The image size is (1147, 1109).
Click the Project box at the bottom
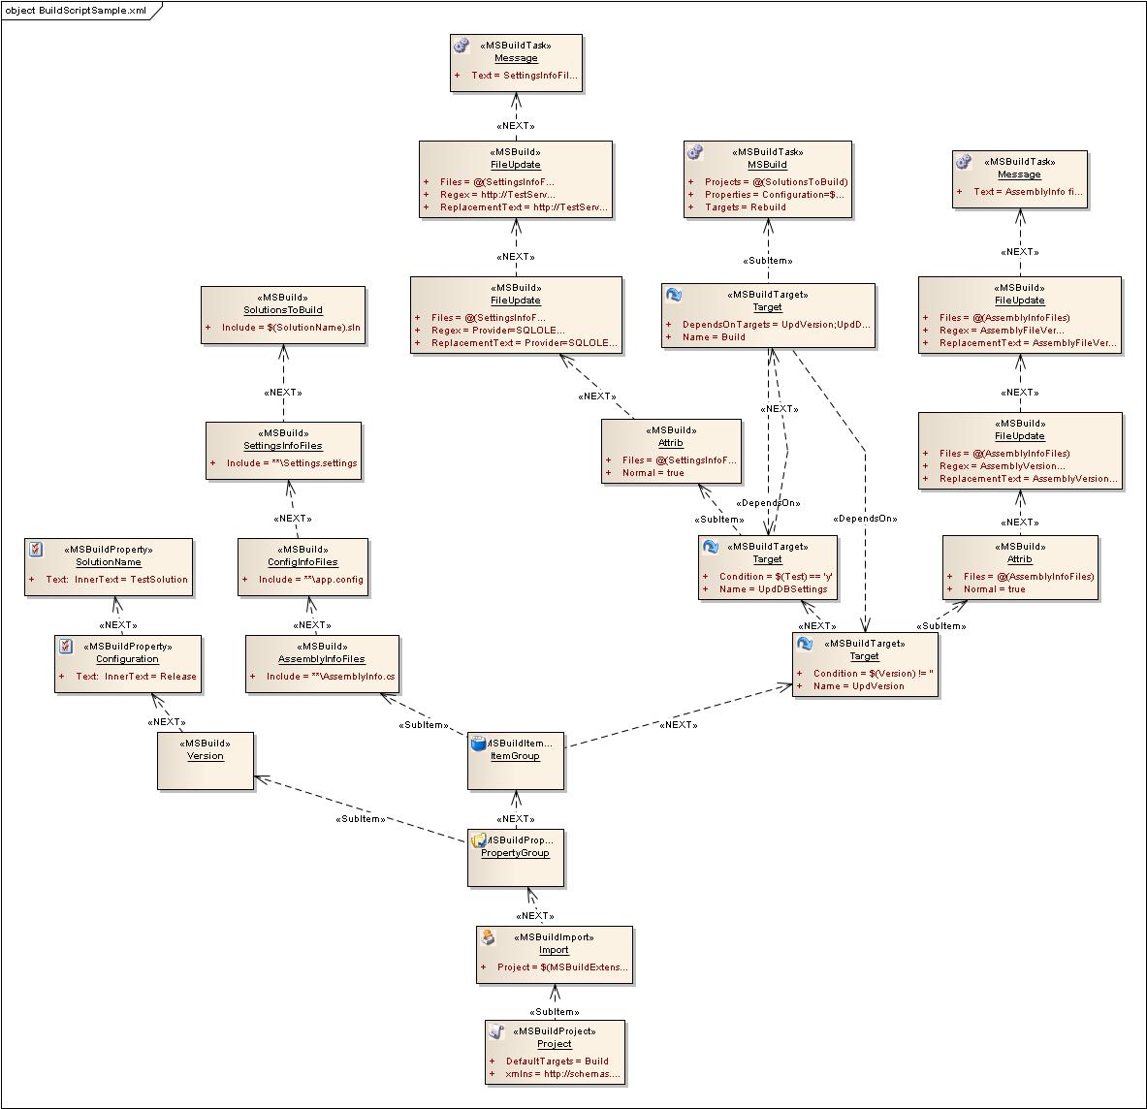pyautogui.click(x=555, y=1053)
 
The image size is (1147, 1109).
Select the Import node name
pyautogui.click(x=554, y=950)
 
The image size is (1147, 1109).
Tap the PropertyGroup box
pyautogui.click(x=516, y=857)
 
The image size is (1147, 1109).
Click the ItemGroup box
pyautogui.click(x=516, y=761)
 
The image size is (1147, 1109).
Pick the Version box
pyautogui.click(x=206, y=761)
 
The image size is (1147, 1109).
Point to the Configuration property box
pyautogui.click(x=128, y=664)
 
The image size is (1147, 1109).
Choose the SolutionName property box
pyautogui.click(x=109, y=567)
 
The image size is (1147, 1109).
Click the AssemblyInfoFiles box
pyautogui.click(x=322, y=664)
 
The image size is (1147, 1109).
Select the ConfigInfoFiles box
pyautogui.click(x=303, y=567)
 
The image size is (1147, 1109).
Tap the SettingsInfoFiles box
pyautogui.click(x=283, y=451)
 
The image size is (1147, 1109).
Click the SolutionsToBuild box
pyautogui.click(x=283, y=315)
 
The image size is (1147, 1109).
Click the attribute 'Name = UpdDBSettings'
pyautogui.click(x=773, y=589)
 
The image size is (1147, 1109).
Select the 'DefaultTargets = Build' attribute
pyautogui.click(x=557, y=1061)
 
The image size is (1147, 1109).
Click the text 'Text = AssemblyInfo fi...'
pyautogui.click(x=1027, y=192)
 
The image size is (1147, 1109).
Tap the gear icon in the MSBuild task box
pyautogui.click(x=695, y=152)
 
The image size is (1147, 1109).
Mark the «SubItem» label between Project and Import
pyautogui.click(x=554, y=1012)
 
